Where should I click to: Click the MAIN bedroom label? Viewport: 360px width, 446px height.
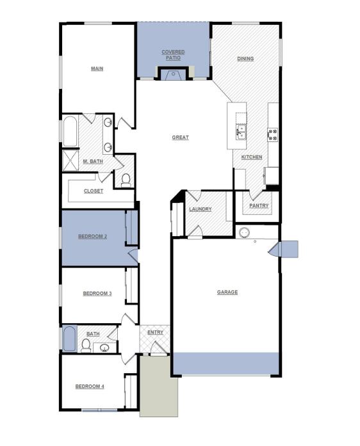(x=97, y=68)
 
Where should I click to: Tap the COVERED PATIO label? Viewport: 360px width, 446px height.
(x=173, y=55)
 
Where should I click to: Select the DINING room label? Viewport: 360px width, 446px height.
(x=245, y=59)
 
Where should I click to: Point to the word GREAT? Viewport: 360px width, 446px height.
(x=181, y=138)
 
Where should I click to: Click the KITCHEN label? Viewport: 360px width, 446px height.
(x=252, y=157)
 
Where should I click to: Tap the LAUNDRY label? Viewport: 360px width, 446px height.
(x=200, y=209)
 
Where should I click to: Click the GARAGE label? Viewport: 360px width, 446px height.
(x=227, y=292)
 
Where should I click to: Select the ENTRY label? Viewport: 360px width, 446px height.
(x=156, y=332)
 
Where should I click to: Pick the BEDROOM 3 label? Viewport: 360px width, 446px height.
(x=97, y=294)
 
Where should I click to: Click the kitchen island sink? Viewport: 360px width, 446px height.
(x=241, y=133)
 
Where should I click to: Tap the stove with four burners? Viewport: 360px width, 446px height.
(x=273, y=134)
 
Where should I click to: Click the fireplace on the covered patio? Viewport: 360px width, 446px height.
(x=172, y=74)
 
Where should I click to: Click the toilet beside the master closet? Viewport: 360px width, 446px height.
(x=126, y=180)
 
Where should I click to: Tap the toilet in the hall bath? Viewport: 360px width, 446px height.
(x=86, y=346)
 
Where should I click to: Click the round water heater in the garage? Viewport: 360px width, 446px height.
(x=244, y=232)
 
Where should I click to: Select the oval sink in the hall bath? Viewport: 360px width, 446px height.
(x=104, y=348)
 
